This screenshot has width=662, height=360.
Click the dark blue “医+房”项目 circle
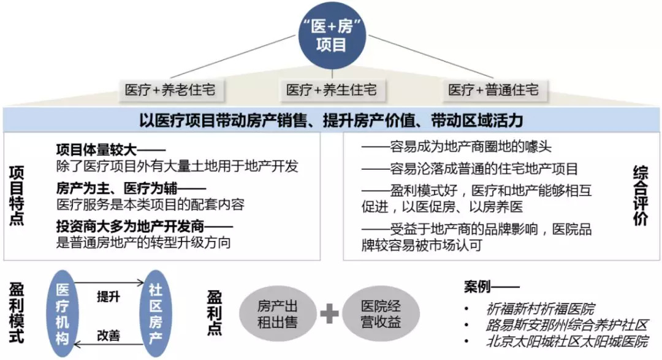331,36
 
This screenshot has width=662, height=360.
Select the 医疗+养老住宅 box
170,90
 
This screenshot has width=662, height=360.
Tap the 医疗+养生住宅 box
331,90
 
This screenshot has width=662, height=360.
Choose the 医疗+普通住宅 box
493,90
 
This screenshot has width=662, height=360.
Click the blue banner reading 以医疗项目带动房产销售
330,119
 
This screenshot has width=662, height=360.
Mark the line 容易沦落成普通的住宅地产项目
470,169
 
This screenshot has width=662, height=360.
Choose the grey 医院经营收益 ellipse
380,314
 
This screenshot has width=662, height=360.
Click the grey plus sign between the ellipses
329,314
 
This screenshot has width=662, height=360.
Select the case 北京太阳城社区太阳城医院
566,342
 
